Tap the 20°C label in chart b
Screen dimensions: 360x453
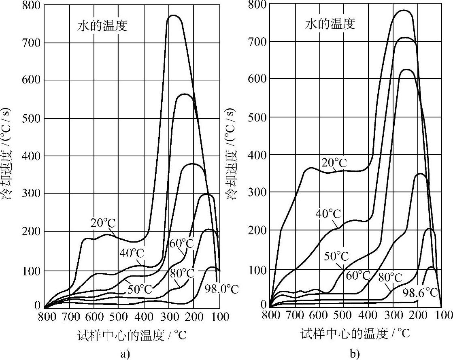(x=335, y=163)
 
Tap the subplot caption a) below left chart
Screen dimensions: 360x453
(x=125, y=355)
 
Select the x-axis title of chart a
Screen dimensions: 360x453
(x=131, y=334)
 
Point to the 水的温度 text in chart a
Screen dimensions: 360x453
(x=102, y=26)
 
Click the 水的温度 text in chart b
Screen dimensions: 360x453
(x=330, y=24)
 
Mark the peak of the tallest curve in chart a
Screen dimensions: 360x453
(x=174, y=15)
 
